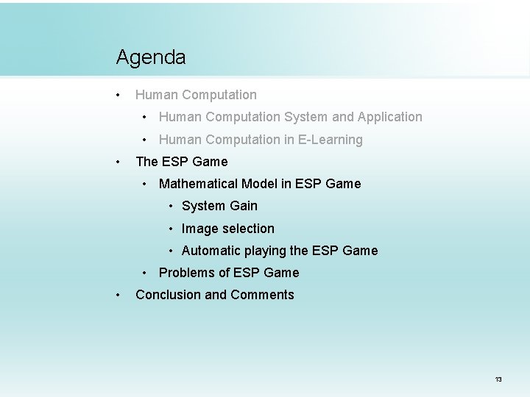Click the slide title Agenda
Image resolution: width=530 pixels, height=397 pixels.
[151, 57]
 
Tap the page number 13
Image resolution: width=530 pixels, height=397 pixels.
[498, 379]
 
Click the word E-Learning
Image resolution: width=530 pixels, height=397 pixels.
[328, 140]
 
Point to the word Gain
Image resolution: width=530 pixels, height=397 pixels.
[243, 206]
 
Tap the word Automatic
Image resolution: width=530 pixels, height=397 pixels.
[211, 251]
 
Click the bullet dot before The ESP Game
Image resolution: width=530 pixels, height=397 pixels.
[118, 162]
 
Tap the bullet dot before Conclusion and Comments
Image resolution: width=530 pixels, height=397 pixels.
[118, 295]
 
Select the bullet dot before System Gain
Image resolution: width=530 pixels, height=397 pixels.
[171, 207]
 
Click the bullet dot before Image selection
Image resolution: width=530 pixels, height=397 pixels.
[171, 229]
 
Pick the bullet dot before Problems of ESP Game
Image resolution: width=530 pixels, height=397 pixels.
[148, 273]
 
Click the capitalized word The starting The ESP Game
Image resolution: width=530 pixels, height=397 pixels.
[146, 162]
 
